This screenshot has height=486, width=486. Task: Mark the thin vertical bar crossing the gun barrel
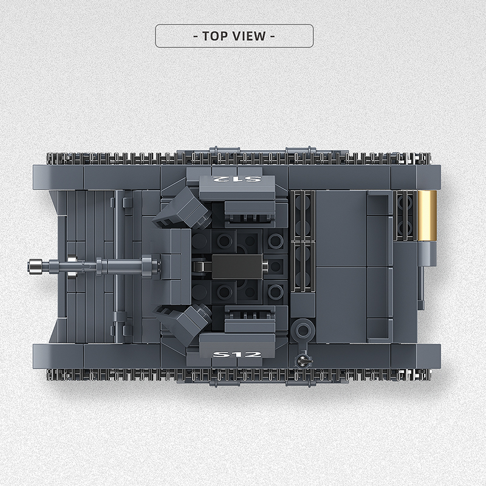coord(116,265)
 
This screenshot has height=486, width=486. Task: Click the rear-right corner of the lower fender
coord(434,355)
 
